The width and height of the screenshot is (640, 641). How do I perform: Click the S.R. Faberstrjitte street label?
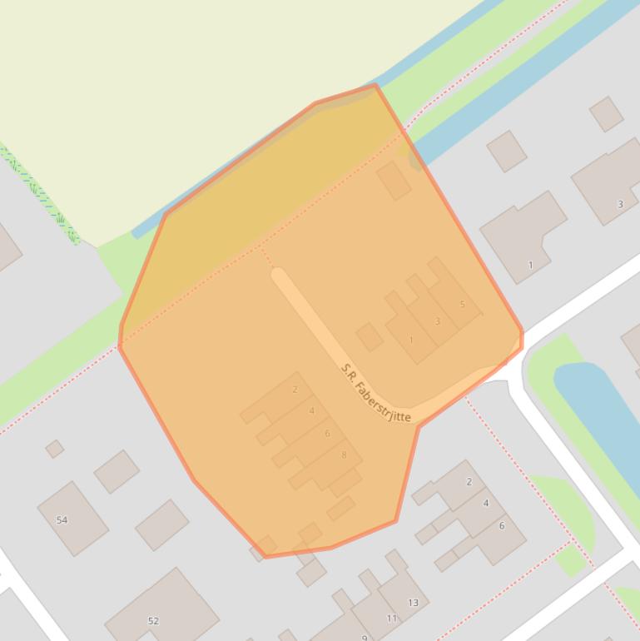[x=376, y=393]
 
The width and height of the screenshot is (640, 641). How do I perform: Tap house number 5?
[x=463, y=305]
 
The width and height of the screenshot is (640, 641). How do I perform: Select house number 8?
[x=344, y=455]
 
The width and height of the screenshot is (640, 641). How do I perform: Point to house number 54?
[x=62, y=520]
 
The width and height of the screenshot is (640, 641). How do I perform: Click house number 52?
[x=153, y=621]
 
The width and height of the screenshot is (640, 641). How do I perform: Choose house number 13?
[x=413, y=603]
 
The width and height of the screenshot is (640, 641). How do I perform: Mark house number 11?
[x=392, y=619]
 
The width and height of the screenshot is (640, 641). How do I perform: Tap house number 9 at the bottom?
[x=365, y=638]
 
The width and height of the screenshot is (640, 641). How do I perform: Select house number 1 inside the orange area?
[x=411, y=340]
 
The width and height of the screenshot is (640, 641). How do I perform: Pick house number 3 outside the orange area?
[x=620, y=204]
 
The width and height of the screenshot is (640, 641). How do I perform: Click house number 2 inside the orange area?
[x=295, y=390]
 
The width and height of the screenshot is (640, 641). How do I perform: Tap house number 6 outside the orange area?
[x=502, y=526]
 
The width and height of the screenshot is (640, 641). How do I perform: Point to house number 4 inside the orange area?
[x=312, y=410]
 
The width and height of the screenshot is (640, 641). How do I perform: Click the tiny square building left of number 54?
[x=55, y=449]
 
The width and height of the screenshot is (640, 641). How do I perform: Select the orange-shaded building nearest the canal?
[x=394, y=180]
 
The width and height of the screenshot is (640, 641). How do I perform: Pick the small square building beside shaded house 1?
[x=370, y=337]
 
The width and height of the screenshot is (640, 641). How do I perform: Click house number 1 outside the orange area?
[x=530, y=266]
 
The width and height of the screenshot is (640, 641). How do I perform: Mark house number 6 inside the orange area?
[x=328, y=433]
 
